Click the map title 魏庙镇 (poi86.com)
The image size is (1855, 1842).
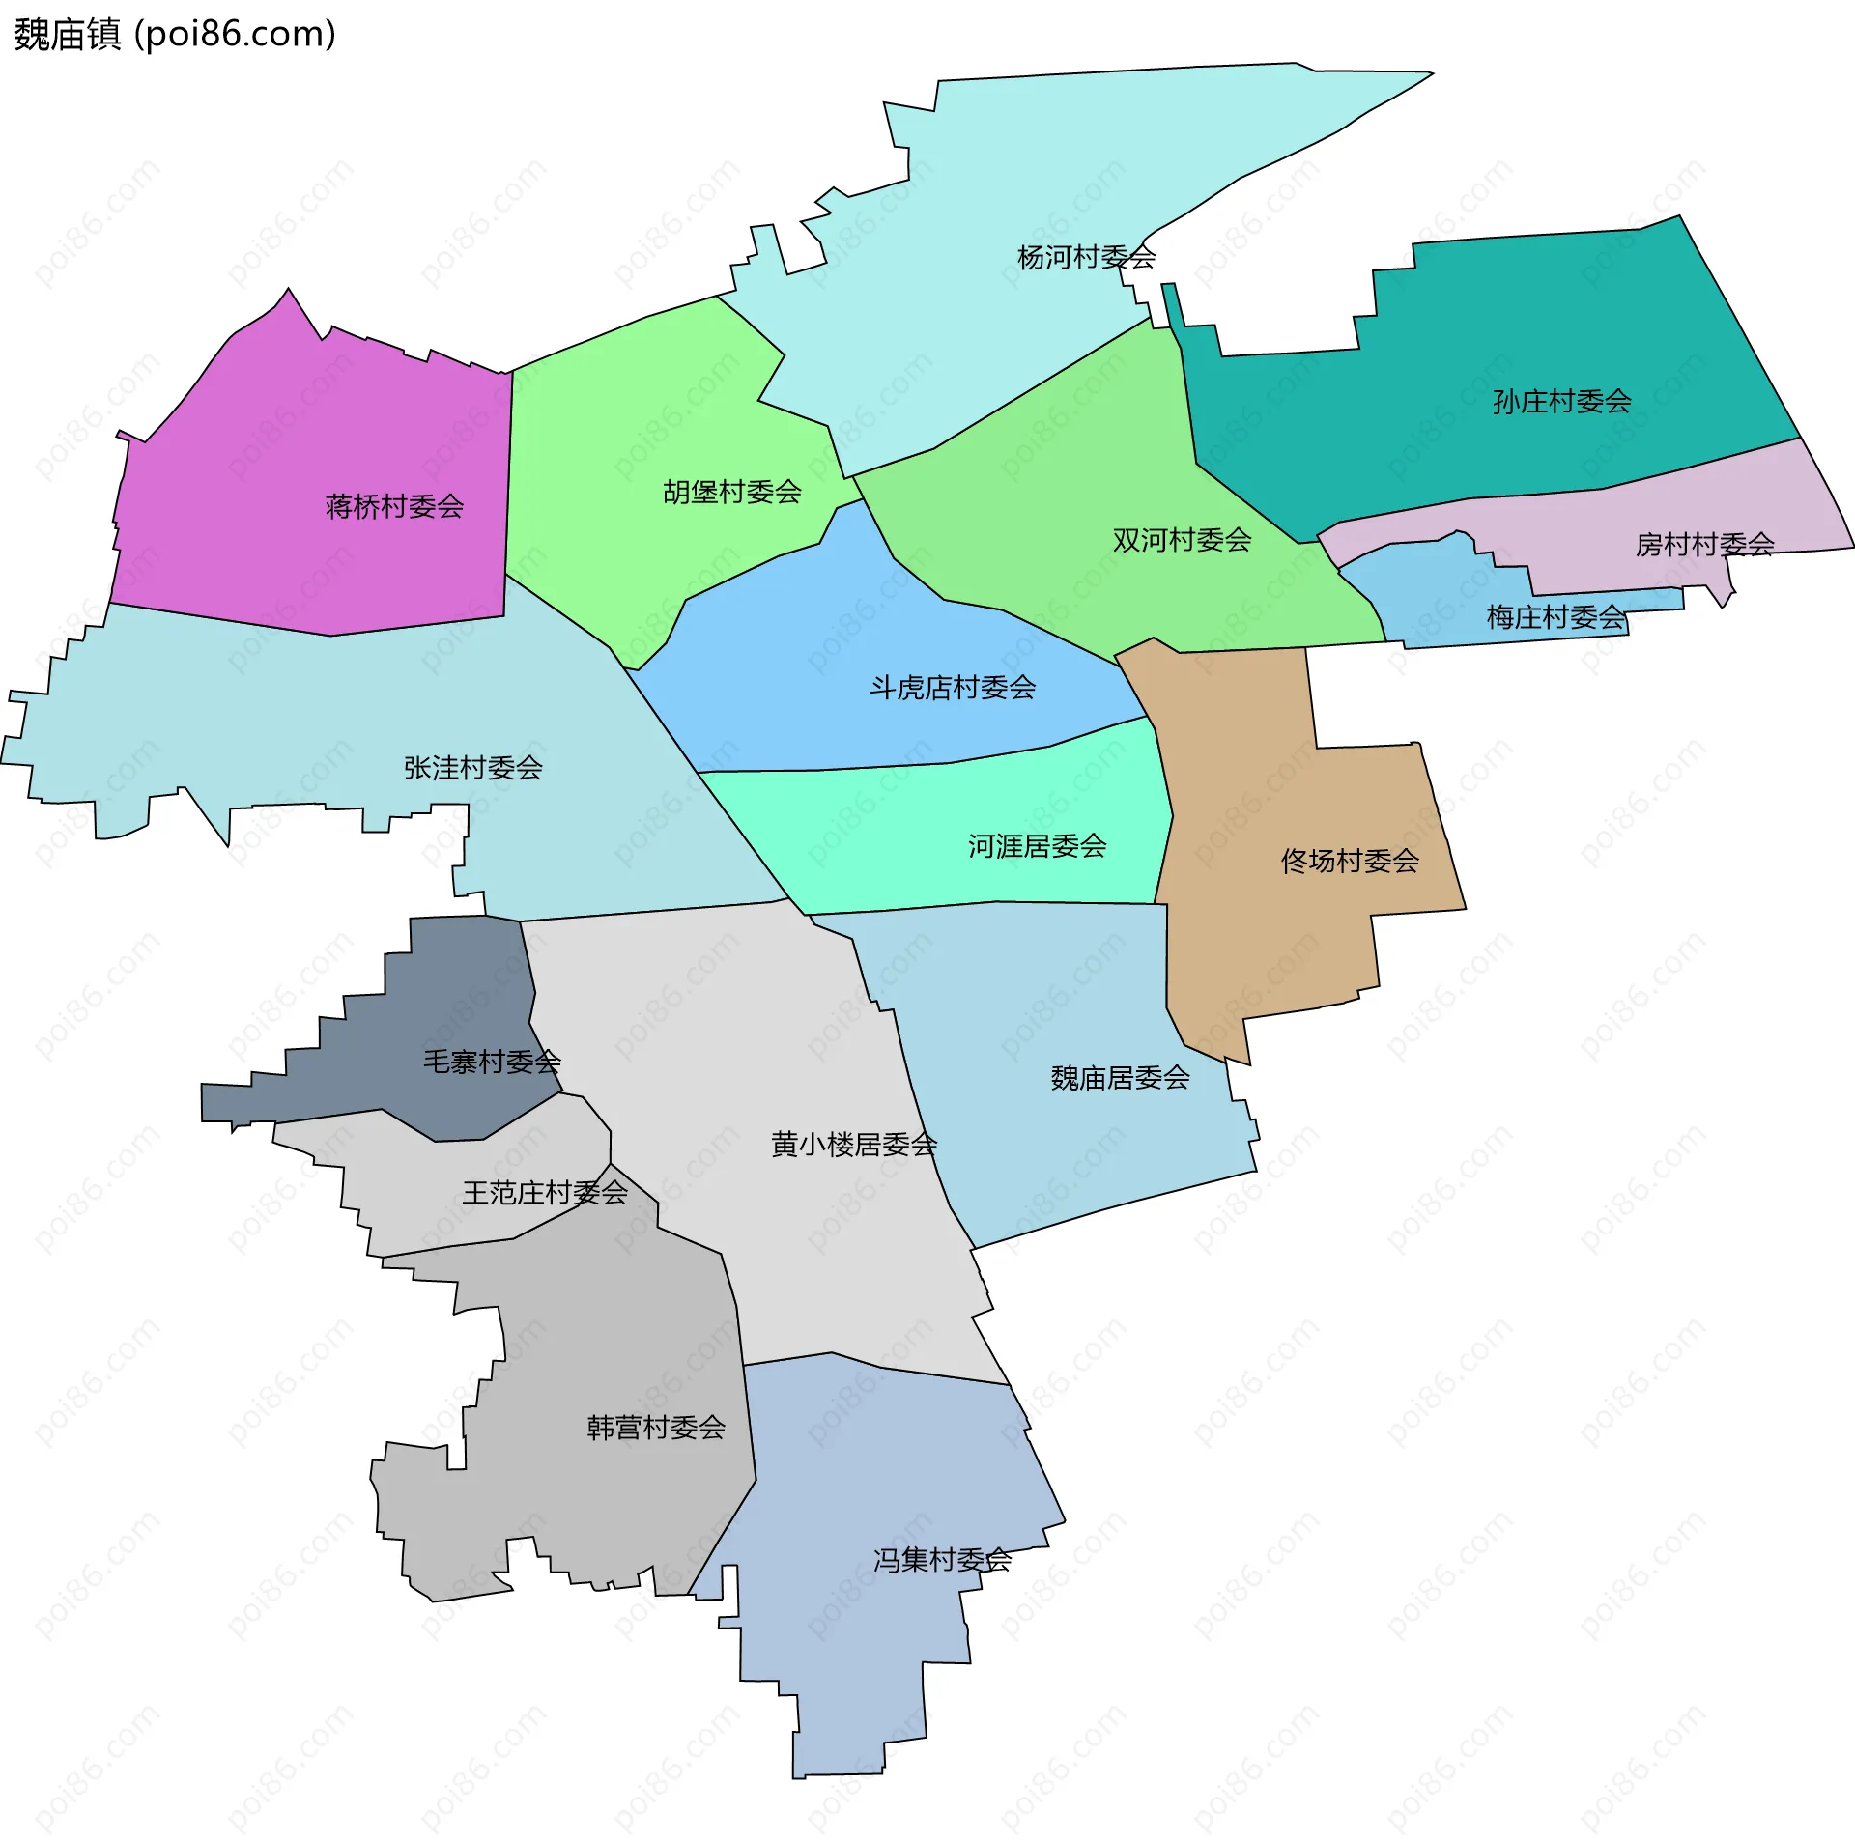(175, 35)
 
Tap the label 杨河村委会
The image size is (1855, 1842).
(1086, 257)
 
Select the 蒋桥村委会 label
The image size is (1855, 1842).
(394, 506)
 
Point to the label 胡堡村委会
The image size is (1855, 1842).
(732, 492)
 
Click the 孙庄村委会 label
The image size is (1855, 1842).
(1561, 401)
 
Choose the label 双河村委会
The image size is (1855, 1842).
(1182, 540)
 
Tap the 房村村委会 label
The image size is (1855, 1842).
(1704, 545)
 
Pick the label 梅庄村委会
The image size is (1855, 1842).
(1555, 617)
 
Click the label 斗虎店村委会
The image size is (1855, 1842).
(953, 688)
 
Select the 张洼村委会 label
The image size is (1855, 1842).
(472, 768)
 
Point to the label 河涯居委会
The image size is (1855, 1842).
(1037, 846)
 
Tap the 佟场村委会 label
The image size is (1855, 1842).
(1350, 861)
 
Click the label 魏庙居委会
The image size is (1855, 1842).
(1120, 1078)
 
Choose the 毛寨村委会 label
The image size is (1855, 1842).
(492, 1063)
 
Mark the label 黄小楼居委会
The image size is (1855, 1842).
(854, 1145)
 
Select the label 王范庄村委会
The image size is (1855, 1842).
(545, 1193)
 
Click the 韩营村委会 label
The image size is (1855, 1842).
(656, 1428)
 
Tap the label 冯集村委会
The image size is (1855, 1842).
(942, 1560)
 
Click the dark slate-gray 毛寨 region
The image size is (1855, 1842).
(454, 995)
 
